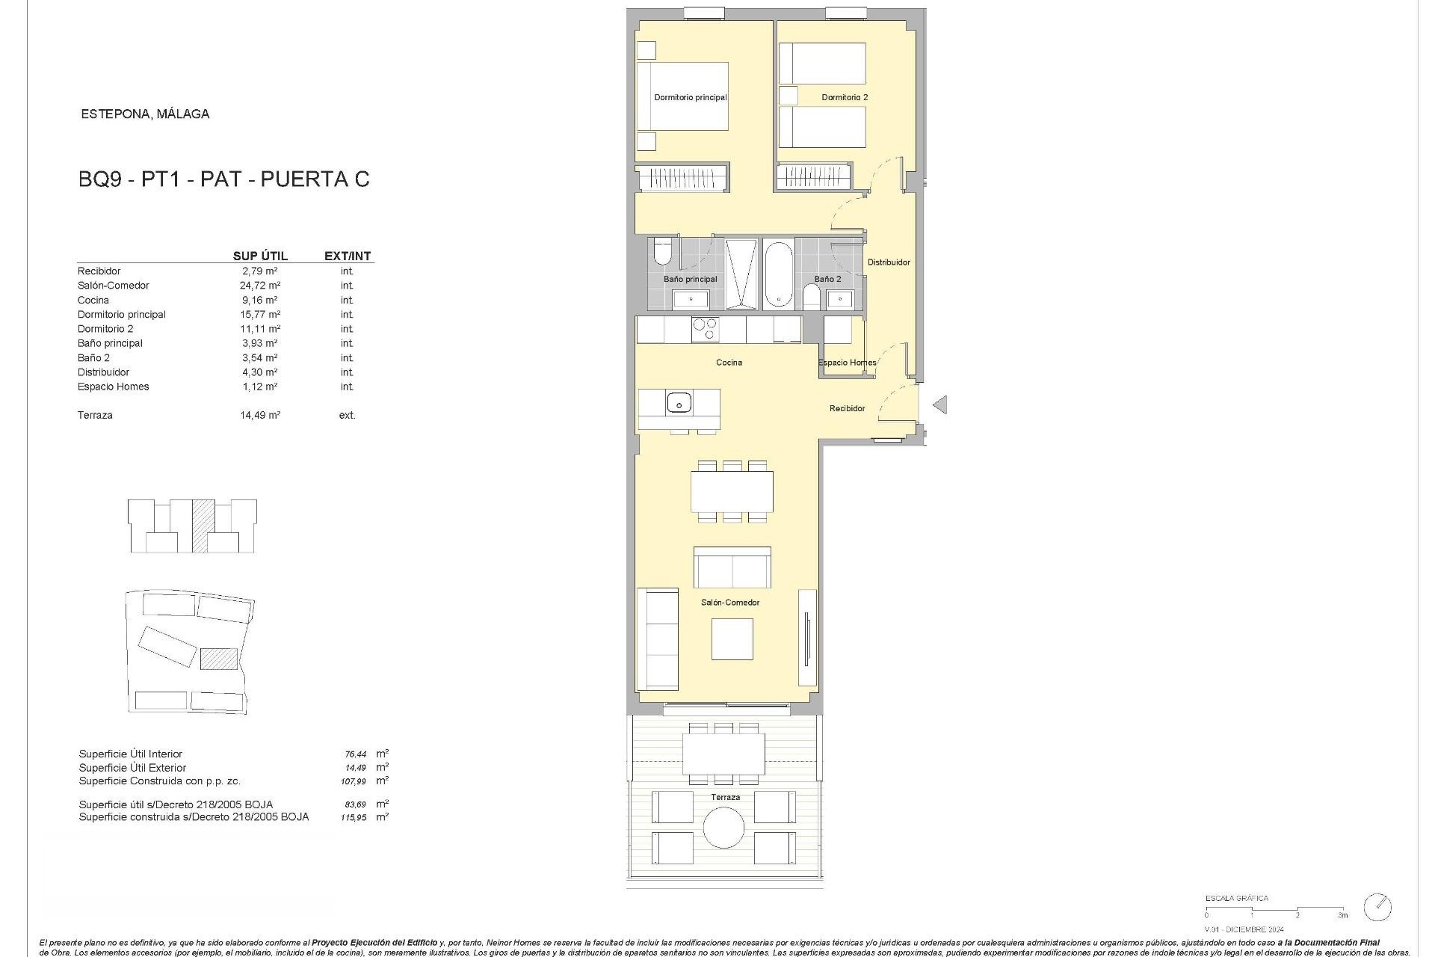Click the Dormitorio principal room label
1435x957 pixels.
pos(690,97)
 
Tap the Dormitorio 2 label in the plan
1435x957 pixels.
pos(845,97)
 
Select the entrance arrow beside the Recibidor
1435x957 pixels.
pos(940,404)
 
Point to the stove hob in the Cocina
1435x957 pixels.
pos(704,329)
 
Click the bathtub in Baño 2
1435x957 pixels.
pos(778,274)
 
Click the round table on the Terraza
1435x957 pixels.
pos(723,828)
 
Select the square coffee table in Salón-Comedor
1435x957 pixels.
pos(732,639)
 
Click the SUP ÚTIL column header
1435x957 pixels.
pos(260,256)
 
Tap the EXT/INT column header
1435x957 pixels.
pos(348,256)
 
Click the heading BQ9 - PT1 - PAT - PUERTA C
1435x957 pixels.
pos(224,179)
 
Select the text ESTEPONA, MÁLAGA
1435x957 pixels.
pos(145,114)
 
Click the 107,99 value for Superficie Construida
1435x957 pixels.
pos(354,781)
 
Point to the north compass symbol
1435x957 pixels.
pos(1377,907)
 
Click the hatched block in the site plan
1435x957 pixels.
pos(219,659)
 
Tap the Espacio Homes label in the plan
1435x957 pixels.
pos(847,363)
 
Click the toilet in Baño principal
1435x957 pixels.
pos(663,253)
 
